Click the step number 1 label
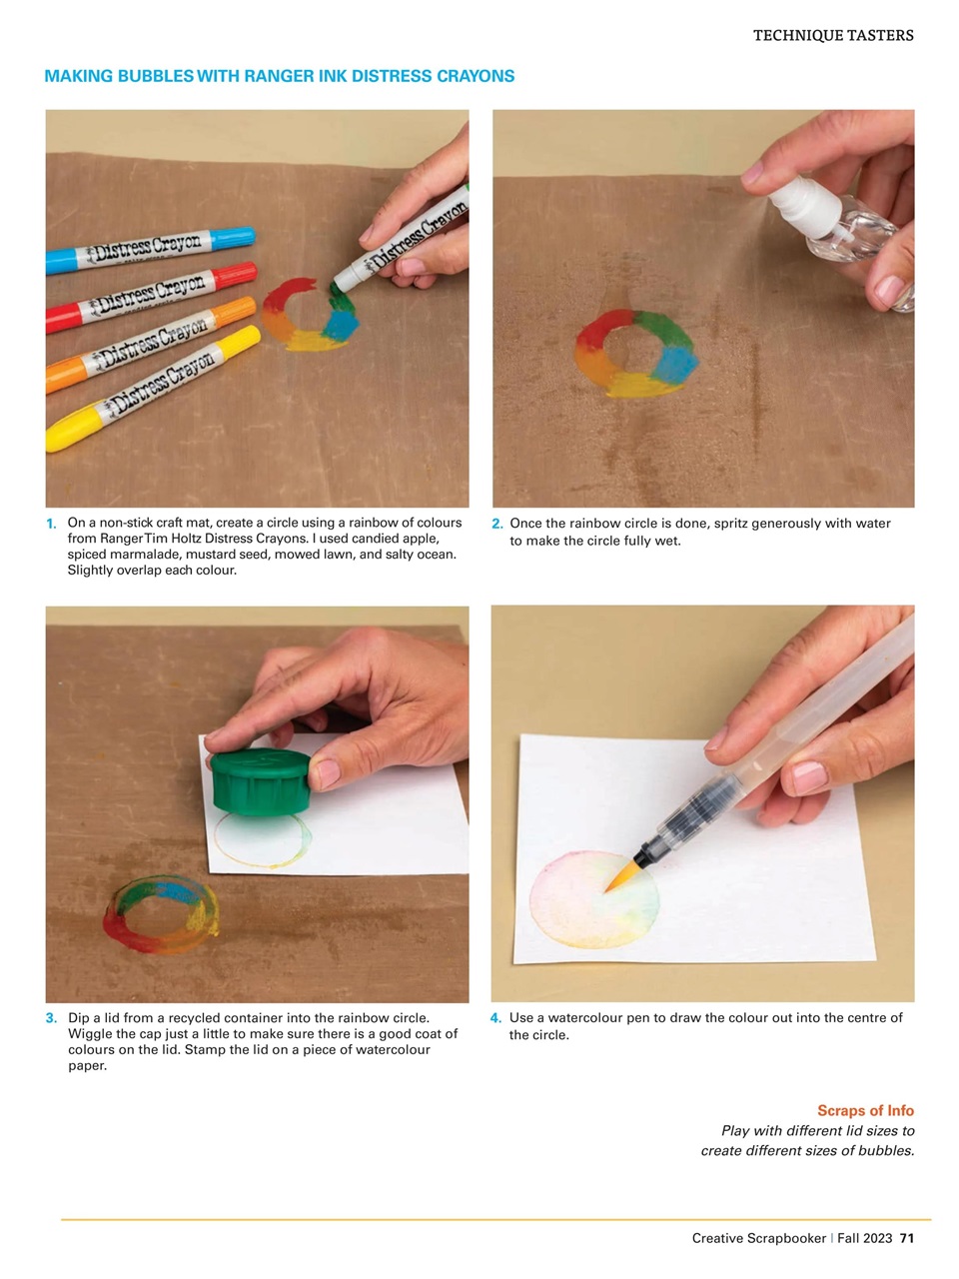coord(51,524)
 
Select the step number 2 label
coord(496,524)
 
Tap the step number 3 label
coord(51,1018)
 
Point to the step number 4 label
coord(495,1018)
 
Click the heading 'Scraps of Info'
coord(865,1110)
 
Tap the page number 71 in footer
coord(907,1238)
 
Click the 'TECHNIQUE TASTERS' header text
coord(832,35)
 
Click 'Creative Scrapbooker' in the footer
coord(759,1238)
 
